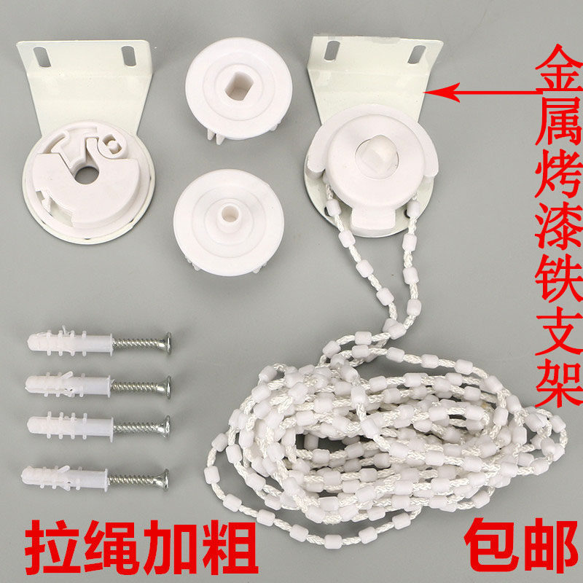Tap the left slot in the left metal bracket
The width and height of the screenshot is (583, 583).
(x=44, y=55)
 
